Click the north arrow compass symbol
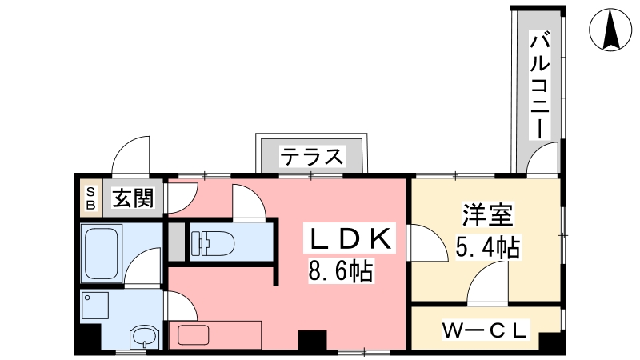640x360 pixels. (610, 30)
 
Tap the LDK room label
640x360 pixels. (350, 238)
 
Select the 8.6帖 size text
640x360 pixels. (341, 271)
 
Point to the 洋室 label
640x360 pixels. (487, 214)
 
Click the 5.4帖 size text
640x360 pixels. (487, 247)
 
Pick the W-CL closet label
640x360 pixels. (486, 330)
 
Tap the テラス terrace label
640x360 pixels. (312, 157)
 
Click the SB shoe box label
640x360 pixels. (90, 198)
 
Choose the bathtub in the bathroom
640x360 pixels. (102, 253)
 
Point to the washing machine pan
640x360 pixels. (94, 306)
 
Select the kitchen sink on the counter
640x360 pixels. (194, 335)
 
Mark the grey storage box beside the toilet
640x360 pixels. (177, 242)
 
